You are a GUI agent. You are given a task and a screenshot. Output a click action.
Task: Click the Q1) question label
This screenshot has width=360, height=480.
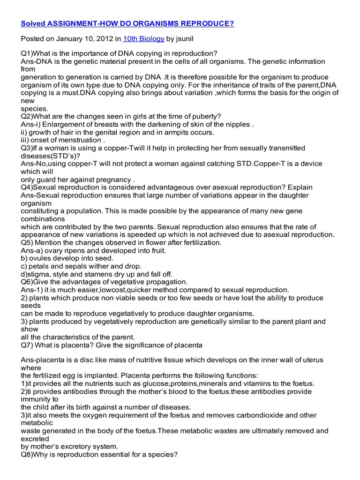tap(28, 54)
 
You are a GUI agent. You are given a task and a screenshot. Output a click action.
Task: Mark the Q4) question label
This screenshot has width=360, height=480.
tap(28, 187)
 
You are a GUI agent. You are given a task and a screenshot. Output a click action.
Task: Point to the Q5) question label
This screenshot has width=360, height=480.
tap(28, 243)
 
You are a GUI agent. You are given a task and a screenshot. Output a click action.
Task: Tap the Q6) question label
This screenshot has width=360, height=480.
tap(28, 282)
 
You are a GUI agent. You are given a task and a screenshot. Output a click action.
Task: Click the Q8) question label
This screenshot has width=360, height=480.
tap(28, 454)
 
